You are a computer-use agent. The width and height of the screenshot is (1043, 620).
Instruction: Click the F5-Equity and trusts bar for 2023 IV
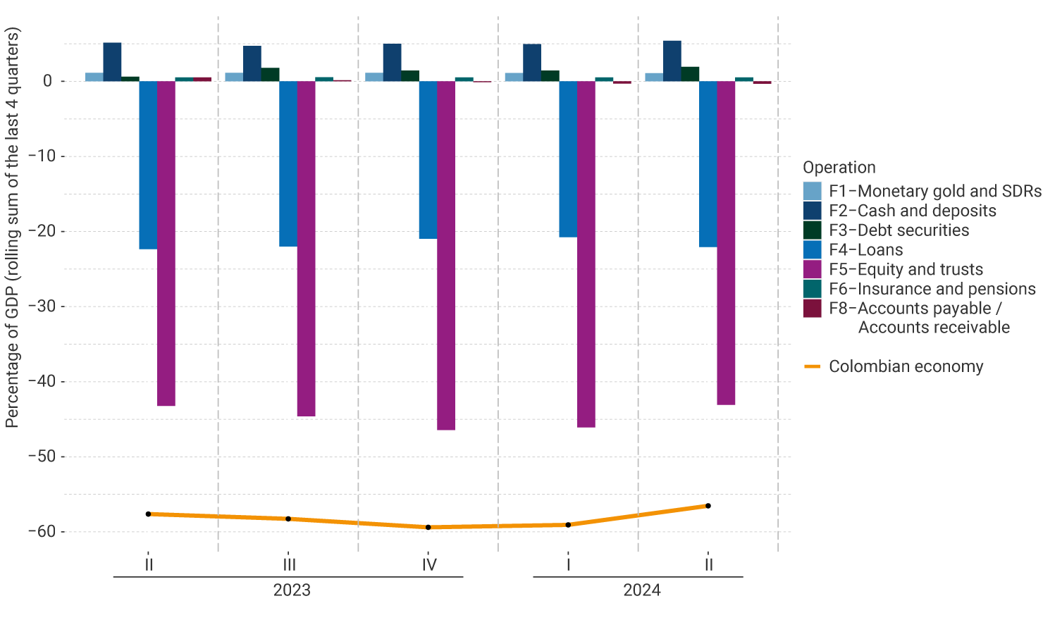click(x=446, y=255)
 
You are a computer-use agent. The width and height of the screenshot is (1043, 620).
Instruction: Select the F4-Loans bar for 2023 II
click(x=148, y=165)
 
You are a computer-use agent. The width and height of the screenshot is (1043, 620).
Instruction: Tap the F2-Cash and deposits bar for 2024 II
click(x=672, y=61)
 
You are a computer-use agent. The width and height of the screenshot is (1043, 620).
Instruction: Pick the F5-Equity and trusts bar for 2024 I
click(x=586, y=254)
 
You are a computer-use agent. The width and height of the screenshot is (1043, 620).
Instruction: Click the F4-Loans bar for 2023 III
click(x=288, y=163)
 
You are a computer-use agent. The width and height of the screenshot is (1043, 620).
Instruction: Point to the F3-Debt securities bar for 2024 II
click(x=690, y=74)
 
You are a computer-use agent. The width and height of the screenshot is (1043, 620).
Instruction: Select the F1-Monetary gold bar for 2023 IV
click(x=374, y=77)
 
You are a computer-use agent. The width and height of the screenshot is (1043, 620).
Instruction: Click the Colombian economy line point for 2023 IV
click(x=428, y=527)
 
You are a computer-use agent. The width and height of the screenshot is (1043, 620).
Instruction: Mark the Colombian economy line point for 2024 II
click(x=708, y=506)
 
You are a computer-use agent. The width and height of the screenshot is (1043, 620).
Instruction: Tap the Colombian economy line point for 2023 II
click(x=148, y=514)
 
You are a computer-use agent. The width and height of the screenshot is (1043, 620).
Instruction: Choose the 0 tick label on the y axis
click(x=47, y=81)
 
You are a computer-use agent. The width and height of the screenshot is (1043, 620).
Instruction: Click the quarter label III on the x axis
click(x=289, y=564)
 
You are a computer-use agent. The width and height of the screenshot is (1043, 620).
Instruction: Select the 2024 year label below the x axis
click(x=641, y=590)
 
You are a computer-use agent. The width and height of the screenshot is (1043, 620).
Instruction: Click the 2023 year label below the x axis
click(x=292, y=590)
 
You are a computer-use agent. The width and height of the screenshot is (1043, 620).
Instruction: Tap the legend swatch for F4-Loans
click(x=813, y=250)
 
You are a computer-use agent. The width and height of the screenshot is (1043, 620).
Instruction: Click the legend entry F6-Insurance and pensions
click(x=932, y=289)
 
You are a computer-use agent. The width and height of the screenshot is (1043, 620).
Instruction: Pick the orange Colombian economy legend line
click(x=813, y=366)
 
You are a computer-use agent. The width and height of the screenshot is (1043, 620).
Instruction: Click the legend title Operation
click(x=839, y=168)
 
